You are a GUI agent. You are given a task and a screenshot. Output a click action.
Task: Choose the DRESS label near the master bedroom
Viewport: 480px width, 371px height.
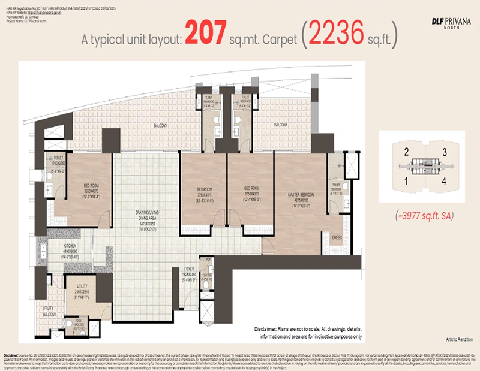337,237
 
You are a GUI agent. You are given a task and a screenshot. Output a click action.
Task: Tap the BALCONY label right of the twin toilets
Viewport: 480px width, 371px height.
280,125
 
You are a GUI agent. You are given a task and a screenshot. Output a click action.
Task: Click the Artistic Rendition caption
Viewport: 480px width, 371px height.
454,339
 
